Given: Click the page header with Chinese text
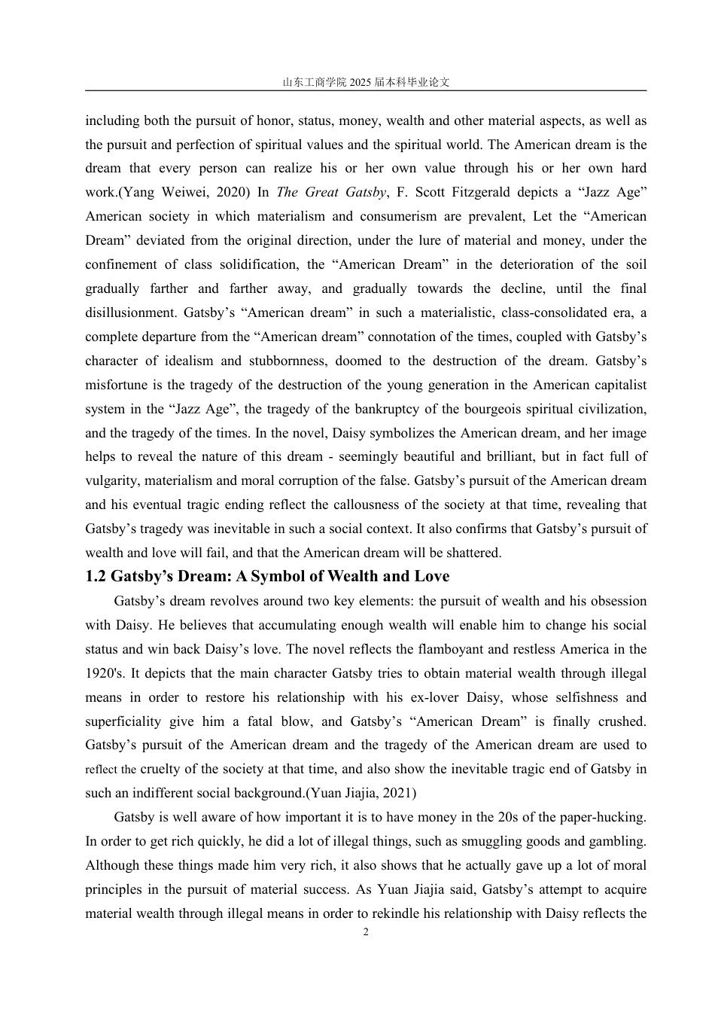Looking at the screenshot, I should [366, 83].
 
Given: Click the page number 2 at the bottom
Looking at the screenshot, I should [366, 932].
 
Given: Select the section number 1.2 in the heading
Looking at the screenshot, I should [96, 577].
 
